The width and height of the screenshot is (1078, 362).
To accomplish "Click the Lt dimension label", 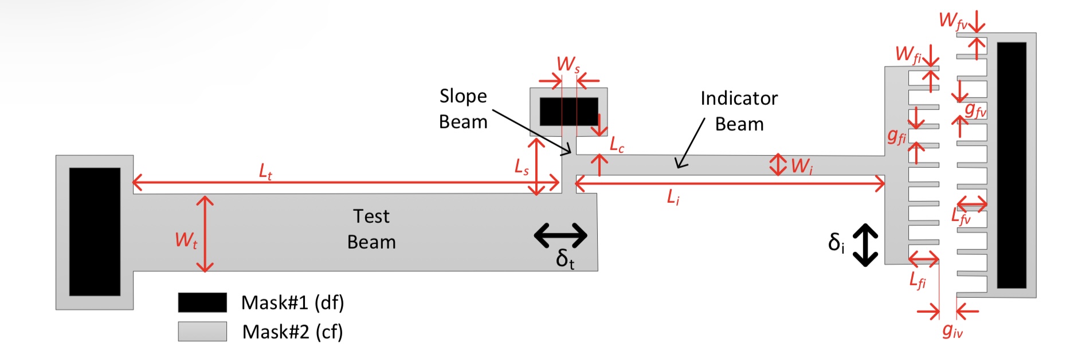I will (265, 171).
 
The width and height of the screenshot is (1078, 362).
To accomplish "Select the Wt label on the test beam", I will (186, 240).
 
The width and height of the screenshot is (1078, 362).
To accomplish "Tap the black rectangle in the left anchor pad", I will (95, 231).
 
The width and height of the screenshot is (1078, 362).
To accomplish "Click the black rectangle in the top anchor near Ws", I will (569, 112).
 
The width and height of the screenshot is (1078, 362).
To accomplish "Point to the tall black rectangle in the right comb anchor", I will (1012, 165).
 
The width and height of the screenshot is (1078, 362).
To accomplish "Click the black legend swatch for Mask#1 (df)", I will (202, 302).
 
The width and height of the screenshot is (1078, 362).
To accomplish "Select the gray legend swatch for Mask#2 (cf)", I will (202, 331).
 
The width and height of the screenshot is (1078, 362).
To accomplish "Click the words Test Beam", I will (371, 229).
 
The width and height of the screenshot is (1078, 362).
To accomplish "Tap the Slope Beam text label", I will (463, 109).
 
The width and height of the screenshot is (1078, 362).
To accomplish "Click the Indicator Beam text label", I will (739, 111).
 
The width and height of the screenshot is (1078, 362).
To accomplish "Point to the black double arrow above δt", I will (560, 235).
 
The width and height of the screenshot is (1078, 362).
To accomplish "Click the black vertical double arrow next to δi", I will (865, 245).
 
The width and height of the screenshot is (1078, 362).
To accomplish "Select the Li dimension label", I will (673, 198).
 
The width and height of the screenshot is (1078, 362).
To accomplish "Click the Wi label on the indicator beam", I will (802, 167).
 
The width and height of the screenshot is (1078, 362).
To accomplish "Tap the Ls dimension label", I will (522, 167).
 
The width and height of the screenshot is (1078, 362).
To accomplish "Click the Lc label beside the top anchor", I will (617, 145).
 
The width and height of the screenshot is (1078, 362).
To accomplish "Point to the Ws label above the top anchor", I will (568, 64).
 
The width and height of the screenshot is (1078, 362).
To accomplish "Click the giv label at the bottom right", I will (952, 330).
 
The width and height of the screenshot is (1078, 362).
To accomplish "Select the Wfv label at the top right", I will (952, 21).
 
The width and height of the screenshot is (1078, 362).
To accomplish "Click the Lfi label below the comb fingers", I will (918, 281).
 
